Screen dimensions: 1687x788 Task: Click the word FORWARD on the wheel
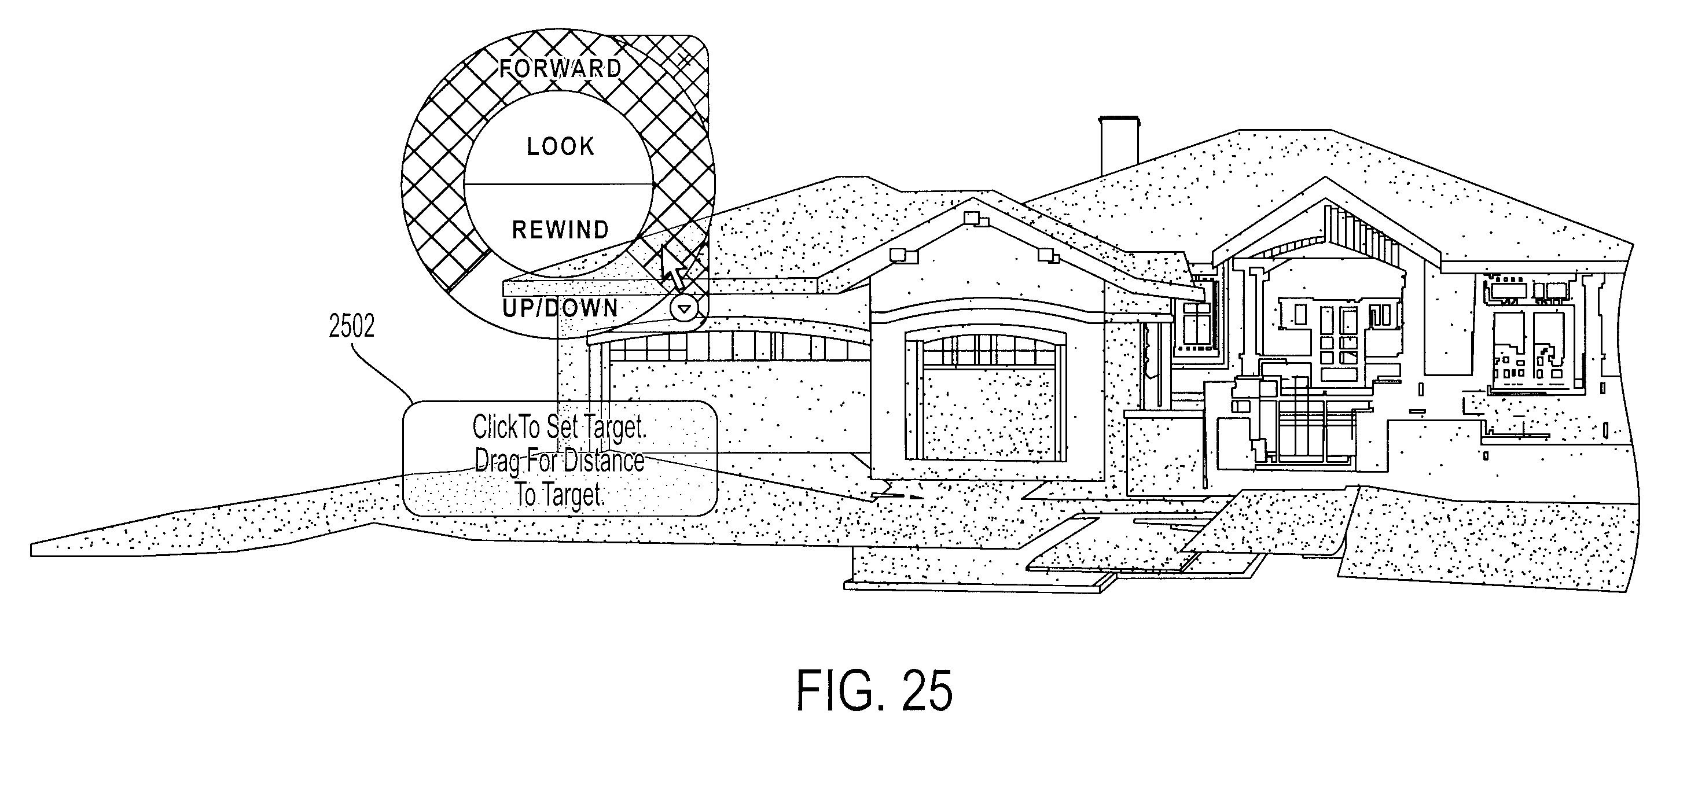coord(560,68)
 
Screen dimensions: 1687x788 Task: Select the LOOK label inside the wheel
coord(561,146)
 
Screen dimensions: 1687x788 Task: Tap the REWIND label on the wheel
coord(560,230)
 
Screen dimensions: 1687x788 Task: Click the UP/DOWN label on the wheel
coord(560,308)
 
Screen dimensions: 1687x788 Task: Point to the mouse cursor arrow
coord(673,268)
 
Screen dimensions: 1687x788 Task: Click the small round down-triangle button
coord(685,308)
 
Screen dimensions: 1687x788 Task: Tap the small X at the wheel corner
coord(685,61)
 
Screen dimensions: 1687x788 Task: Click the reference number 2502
coord(352,326)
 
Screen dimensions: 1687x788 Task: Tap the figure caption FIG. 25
coord(874,691)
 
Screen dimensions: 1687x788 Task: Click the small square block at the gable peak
coord(971,218)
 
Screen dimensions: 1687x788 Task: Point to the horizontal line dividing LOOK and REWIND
coord(558,183)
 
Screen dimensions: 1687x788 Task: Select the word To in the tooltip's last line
coord(526,494)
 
